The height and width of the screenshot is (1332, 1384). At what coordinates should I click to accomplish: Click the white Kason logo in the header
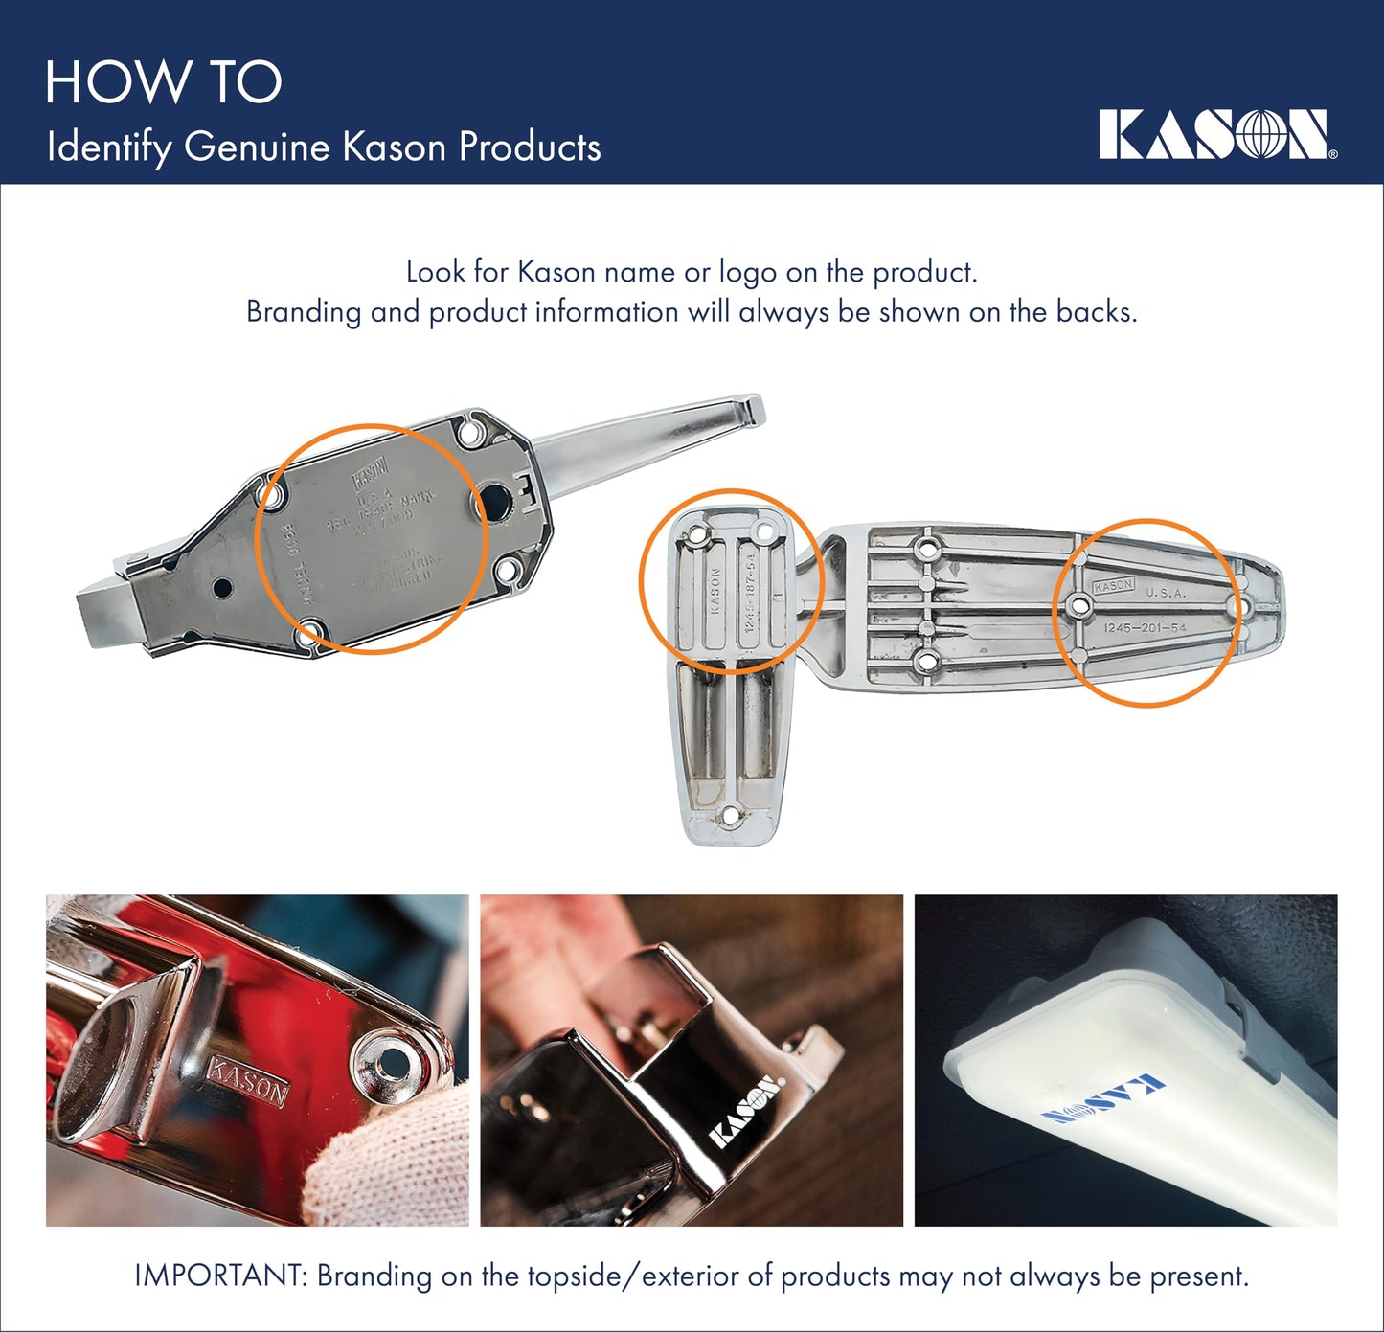pos(1216,134)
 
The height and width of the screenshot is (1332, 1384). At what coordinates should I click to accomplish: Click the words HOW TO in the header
pos(163,82)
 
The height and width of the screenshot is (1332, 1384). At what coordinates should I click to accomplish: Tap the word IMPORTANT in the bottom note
pos(220,1276)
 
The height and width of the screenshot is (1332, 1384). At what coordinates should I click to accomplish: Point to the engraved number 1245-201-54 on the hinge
pos(1145,628)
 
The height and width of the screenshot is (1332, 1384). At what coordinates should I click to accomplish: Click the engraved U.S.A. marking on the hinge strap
pos(1166,593)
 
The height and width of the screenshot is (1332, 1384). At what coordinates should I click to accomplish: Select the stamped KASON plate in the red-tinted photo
pos(247,1081)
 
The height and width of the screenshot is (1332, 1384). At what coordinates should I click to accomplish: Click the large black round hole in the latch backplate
pos(496,501)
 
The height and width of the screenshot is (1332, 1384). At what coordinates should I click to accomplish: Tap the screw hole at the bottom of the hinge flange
pos(731,816)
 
